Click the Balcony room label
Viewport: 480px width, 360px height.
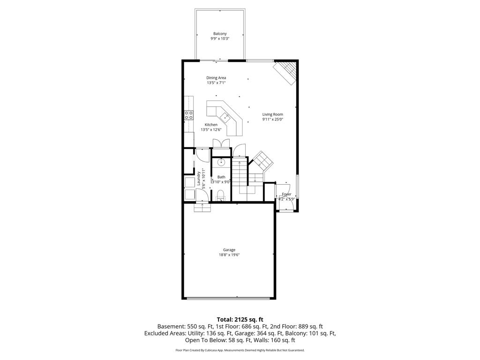(219, 34)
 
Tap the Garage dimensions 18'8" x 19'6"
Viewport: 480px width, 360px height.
(229, 255)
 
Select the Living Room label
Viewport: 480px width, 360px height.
(272, 114)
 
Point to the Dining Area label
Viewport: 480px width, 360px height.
(216, 78)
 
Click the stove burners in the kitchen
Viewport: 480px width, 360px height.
(188, 114)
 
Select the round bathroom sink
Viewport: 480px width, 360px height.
(221, 163)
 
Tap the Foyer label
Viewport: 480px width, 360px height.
(286, 194)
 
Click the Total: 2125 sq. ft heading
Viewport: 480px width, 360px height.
(240, 319)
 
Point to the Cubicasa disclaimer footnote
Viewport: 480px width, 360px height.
(240, 350)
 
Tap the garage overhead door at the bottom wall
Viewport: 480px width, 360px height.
(229, 298)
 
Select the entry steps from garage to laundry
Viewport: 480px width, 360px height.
(202, 207)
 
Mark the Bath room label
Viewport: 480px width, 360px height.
(221, 177)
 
